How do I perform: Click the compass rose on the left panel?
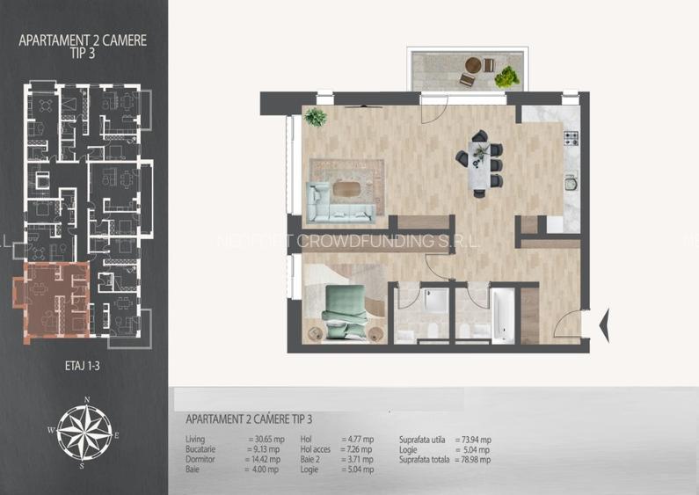click(85, 433)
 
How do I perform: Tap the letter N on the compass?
click(86, 400)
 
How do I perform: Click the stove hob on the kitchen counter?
click(570, 138)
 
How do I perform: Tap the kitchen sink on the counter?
click(571, 184)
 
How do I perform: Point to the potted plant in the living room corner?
click(315, 117)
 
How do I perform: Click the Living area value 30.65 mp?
click(266, 439)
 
